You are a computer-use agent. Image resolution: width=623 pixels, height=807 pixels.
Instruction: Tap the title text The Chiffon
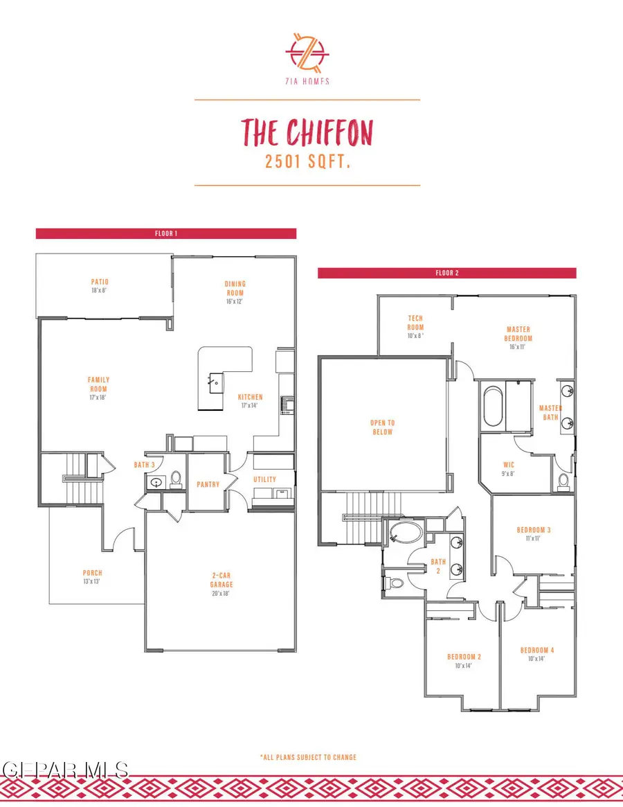[x=307, y=132]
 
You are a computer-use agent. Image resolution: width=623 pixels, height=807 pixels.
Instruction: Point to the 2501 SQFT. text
[x=307, y=161]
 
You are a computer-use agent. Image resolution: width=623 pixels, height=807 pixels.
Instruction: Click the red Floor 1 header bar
[x=166, y=233]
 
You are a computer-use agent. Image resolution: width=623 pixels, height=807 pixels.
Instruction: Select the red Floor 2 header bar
[x=446, y=273]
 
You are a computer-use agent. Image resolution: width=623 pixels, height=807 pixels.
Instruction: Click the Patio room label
[x=100, y=286]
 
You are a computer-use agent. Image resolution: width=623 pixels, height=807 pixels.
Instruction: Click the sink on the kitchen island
[x=216, y=382]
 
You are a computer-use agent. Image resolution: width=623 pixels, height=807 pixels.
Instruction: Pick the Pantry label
[x=208, y=484]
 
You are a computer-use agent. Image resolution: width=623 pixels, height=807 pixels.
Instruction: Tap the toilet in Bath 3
[x=175, y=479]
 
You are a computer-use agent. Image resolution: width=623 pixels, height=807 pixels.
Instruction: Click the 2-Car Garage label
[x=222, y=579]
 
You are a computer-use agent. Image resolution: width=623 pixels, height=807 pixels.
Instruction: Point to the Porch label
[x=92, y=576]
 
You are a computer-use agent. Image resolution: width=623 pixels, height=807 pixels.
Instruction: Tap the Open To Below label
[x=382, y=427]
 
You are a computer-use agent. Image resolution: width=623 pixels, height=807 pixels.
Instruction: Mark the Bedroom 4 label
[x=537, y=654]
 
